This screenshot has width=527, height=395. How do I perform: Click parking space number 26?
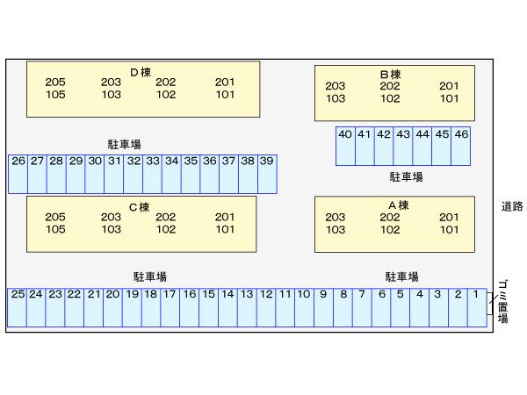tap(18, 173)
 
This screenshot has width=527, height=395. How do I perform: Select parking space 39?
tap(267, 173)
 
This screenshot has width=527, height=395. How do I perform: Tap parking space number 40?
tap(345, 146)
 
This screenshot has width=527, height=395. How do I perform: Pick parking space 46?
tap(461, 146)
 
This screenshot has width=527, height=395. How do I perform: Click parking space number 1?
tap(476, 307)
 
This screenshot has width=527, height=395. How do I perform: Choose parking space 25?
tap(17, 307)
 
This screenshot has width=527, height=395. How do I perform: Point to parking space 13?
tap(247, 307)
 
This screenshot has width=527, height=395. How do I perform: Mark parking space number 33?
tap(153, 173)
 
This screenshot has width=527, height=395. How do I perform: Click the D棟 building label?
tap(141, 72)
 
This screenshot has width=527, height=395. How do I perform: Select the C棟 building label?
tap(140, 206)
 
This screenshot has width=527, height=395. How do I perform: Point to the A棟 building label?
tap(398, 205)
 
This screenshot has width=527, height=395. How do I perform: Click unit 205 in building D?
tap(55, 83)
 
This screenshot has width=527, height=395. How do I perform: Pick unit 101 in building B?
tap(449, 98)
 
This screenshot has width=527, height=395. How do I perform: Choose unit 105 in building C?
tap(55, 229)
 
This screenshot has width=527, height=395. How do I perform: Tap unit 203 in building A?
tap(336, 218)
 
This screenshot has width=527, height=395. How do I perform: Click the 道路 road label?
tap(512, 206)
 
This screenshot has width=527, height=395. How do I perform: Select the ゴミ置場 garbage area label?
tap(503, 300)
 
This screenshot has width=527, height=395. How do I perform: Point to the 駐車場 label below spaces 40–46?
tap(406, 176)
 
